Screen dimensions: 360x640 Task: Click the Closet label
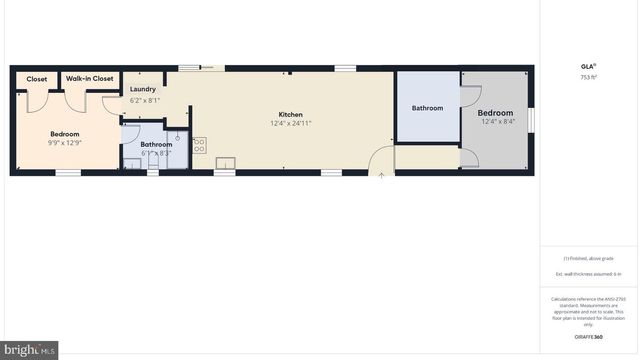coord(37,79)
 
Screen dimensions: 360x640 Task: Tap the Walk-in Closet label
coord(90,79)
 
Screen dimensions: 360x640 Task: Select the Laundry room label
coord(143,89)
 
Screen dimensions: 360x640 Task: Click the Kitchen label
coord(290,114)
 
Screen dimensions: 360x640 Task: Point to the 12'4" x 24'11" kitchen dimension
coord(290,123)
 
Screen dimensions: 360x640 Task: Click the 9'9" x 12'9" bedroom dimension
coord(65,143)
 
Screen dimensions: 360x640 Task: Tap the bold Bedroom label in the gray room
coord(496,113)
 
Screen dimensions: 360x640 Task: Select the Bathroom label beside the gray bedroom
coord(427,108)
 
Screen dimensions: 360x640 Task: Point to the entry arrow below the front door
coord(381,174)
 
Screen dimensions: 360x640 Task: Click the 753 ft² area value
coord(589,76)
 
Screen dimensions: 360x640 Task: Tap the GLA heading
coord(588,66)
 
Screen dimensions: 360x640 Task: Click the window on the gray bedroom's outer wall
coord(532,118)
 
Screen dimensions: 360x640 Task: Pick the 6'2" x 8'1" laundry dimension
coord(145,100)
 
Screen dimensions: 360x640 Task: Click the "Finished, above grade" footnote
coord(588,258)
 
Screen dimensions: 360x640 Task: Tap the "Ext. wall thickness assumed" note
coord(588,273)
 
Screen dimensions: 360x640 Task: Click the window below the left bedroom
coord(68,173)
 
